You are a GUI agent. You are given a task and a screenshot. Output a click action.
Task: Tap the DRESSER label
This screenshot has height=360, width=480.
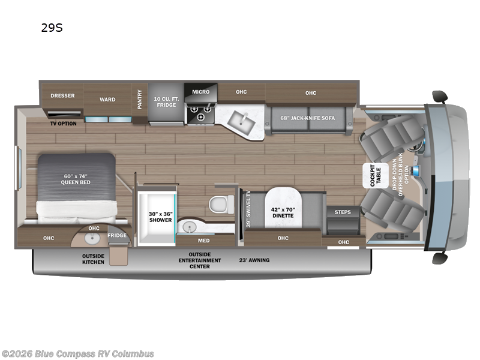[62, 95]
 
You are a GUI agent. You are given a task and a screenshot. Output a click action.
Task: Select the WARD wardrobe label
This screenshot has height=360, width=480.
[107, 100]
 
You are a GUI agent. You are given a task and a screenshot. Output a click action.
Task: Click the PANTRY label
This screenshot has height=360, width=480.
[140, 98]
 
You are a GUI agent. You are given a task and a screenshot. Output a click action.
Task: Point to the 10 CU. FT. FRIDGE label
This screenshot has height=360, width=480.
[166, 101]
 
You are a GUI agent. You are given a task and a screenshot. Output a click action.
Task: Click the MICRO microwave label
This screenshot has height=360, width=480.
[200, 92]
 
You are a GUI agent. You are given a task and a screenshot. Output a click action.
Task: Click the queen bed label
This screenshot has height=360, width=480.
[77, 179]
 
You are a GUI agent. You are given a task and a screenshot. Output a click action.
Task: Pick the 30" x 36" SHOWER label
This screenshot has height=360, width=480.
[160, 216]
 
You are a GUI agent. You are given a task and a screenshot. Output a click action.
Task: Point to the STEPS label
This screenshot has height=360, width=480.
[343, 212]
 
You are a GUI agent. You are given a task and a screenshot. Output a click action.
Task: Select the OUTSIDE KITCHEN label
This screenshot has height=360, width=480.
[93, 259]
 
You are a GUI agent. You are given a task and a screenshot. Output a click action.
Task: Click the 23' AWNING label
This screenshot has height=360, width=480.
[255, 260]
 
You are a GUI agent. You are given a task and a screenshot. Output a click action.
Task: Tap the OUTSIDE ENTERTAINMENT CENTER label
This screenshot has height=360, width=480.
[200, 260]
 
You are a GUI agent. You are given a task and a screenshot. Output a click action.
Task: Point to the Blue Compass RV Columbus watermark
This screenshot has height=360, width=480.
[78, 353]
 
